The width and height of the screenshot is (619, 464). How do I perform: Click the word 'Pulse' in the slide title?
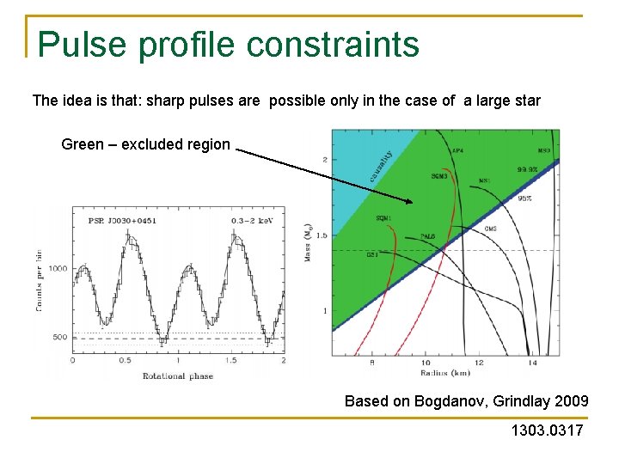(x=80, y=45)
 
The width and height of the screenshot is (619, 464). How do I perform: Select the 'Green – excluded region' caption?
(x=145, y=144)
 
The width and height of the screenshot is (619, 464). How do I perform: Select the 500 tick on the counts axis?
(x=59, y=337)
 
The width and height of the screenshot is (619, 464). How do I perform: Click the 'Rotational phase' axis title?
(x=177, y=375)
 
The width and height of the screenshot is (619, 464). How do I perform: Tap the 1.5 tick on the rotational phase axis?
(x=230, y=361)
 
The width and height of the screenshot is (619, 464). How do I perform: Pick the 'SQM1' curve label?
(x=383, y=218)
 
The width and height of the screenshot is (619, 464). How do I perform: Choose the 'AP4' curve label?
(x=457, y=151)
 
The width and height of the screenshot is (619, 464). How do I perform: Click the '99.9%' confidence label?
(x=528, y=169)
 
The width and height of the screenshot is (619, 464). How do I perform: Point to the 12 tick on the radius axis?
(x=478, y=363)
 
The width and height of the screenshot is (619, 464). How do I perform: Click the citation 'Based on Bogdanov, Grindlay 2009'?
(x=466, y=401)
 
